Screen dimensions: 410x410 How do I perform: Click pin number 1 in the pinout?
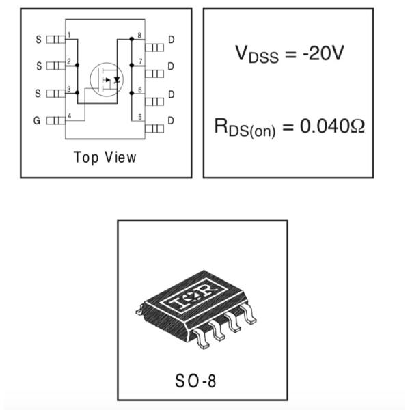[69, 35]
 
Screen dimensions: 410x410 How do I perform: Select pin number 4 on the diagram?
[69, 115]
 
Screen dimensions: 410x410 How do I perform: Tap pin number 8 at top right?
[139, 36]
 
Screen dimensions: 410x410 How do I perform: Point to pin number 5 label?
[140, 117]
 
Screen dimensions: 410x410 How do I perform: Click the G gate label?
[37, 120]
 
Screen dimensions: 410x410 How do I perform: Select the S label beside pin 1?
[38, 40]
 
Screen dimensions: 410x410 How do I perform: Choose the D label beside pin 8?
[172, 40]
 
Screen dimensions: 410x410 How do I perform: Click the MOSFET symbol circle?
[107, 79]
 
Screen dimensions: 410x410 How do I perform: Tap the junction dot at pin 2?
[77, 65]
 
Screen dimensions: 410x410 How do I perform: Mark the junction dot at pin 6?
[132, 93]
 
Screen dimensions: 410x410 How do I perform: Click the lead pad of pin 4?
[56, 120]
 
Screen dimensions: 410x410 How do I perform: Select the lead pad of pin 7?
[154, 74]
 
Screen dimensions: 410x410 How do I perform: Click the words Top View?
[105, 158]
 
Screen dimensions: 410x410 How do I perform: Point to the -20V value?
[323, 53]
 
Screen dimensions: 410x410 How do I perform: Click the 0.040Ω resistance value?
[332, 126]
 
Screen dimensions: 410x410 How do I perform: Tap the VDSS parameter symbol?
[257, 54]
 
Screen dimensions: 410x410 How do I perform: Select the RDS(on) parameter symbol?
[245, 128]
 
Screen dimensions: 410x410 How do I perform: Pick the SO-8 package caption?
[195, 381]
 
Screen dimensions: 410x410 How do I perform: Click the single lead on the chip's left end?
[139, 310]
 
